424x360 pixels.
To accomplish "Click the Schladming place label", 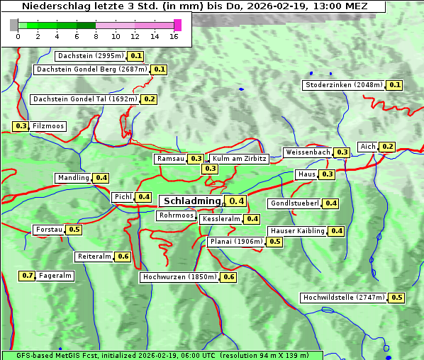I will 192,201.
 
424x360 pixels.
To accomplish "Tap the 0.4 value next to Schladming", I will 237,201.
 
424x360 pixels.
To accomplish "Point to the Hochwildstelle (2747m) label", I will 344,298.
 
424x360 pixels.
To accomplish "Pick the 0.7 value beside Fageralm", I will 28,276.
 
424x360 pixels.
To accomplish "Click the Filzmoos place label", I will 48,126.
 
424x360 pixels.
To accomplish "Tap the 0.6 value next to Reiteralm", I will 123,257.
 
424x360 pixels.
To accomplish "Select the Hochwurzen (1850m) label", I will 179,277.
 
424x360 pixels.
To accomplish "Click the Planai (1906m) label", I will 236,242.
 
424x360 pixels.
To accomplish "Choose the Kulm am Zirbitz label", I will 239,159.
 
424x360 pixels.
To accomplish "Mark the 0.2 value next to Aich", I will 387,147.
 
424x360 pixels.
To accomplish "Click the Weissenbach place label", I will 308,152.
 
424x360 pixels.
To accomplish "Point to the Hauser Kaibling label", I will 297,231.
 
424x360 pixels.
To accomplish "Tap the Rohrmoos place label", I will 176,215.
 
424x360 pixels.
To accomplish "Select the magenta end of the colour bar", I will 177,25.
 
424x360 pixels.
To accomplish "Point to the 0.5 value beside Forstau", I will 74,230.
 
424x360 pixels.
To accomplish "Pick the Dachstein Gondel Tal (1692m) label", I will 85,99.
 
